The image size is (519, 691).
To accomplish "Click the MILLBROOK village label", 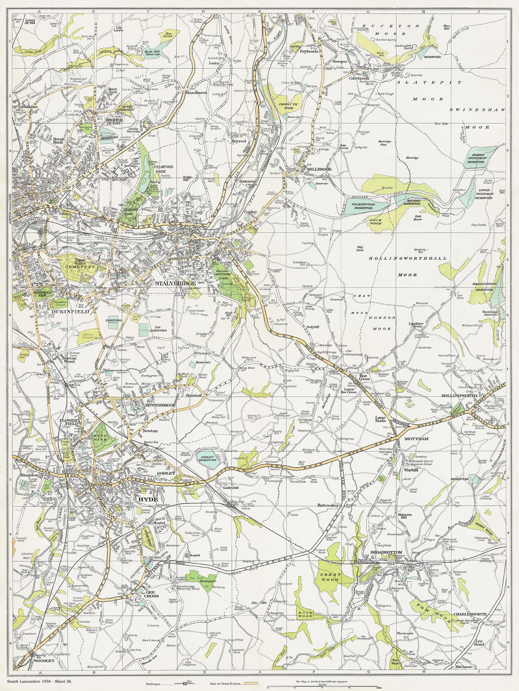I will (315, 169).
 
